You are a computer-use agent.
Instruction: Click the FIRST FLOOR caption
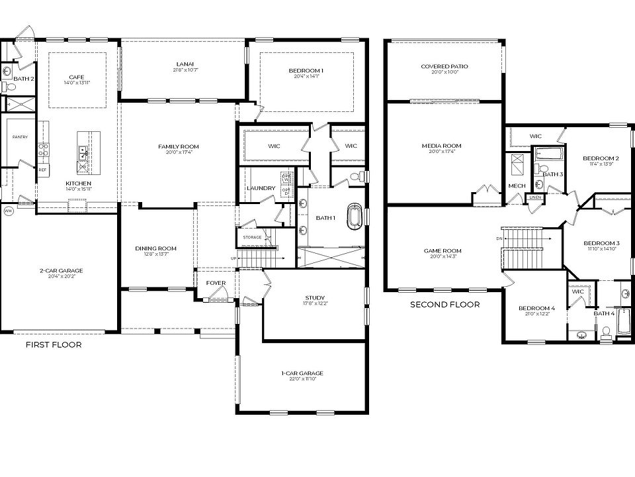54,345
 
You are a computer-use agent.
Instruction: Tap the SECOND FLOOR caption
444,305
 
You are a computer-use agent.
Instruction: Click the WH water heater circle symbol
9,211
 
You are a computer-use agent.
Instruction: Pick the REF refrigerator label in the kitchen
43,170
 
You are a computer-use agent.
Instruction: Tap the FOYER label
216,284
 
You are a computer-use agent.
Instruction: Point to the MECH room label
517,186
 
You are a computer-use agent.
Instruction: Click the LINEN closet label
534,197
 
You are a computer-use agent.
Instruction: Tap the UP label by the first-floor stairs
233,258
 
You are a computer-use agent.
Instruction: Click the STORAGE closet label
252,237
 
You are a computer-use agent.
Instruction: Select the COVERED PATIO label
444,66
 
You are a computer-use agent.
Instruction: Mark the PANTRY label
19,137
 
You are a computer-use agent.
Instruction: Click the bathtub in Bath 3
548,153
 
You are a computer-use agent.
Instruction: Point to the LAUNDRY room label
261,188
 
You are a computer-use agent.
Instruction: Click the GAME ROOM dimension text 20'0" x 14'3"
443,257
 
